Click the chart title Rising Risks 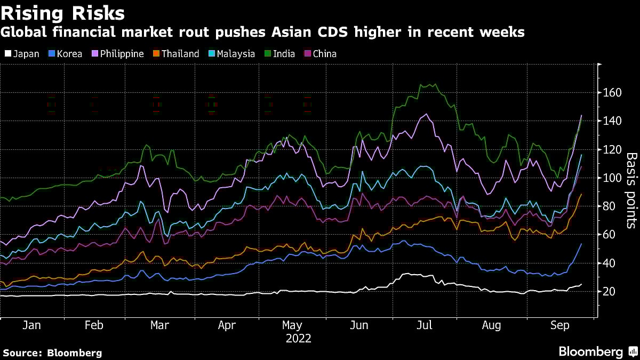(63, 13)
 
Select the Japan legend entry (22, 54)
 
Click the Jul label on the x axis (425, 325)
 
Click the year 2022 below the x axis (299, 339)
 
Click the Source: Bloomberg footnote (52, 353)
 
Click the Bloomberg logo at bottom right (590, 351)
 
